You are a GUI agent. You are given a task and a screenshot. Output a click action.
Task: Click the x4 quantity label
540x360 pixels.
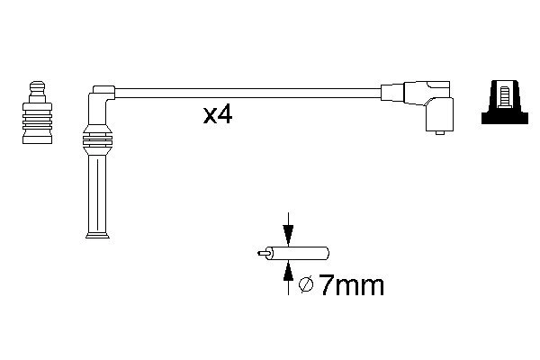218,115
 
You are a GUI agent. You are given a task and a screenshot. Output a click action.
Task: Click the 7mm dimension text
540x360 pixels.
352,285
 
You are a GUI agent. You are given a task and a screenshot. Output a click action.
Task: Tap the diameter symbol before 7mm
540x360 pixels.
306,284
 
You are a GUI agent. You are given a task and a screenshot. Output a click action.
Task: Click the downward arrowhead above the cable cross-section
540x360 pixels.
288,235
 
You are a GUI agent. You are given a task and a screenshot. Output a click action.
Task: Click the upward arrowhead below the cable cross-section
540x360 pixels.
288,271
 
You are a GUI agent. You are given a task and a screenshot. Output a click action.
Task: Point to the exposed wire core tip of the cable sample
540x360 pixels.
263,253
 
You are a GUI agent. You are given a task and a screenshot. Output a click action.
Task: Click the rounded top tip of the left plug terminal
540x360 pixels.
37,85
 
